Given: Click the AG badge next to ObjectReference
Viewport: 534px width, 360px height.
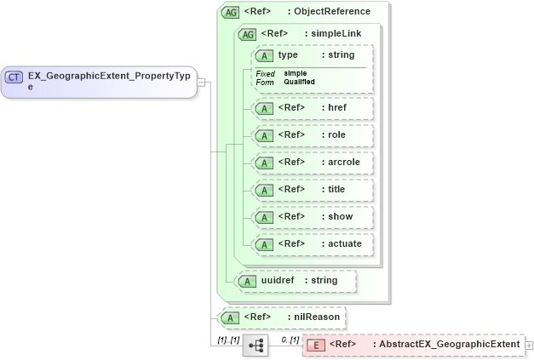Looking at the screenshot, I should pos(230,12).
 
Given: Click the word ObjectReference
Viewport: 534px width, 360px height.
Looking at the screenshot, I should pos(332,12).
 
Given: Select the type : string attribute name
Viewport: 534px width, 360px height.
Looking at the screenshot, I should pos(293,54).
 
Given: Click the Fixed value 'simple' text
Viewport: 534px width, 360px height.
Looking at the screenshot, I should pos(296,73).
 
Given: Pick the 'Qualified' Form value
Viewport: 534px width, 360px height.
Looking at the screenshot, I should pos(299,82).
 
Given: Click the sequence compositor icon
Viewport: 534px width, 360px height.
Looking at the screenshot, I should pos(255,345).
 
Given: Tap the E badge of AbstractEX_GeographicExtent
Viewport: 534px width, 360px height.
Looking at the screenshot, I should pos(315,345).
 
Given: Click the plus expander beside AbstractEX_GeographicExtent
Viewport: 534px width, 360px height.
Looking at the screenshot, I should pos(529,345).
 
